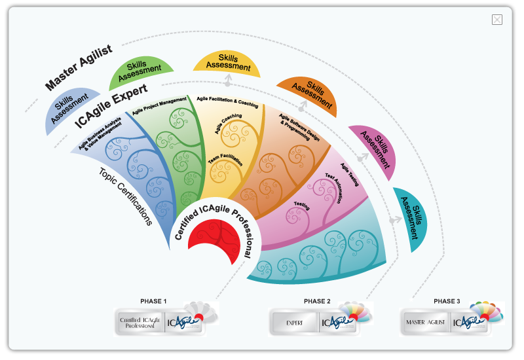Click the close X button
497,20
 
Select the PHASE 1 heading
153,301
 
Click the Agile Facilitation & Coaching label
227,100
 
